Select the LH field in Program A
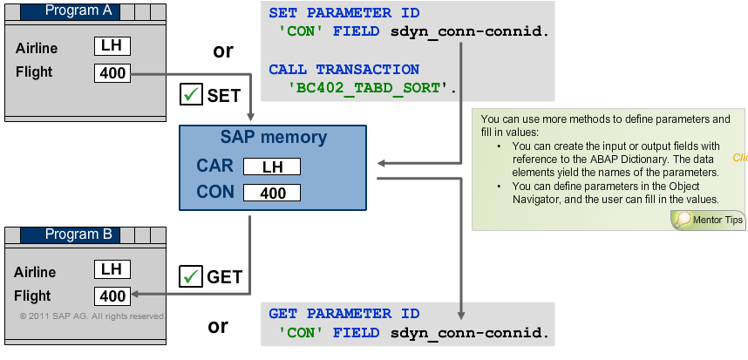coord(112,46)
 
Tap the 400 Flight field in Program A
coord(112,73)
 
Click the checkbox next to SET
coord(190,94)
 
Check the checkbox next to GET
coord(190,276)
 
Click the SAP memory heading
coord(274,138)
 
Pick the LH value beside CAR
coord(272,166)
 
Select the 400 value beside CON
coord(272,193)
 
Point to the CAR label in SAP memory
coord(214,166)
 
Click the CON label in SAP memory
coord(214,192)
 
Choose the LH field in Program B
coord(112,269)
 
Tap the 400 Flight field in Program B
coord(112,296)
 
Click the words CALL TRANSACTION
coord(343,69)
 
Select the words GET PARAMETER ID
coord(343,314)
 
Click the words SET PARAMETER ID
coord(343,14)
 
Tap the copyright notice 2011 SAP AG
coord(91,316)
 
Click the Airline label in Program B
coord(37,272)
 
